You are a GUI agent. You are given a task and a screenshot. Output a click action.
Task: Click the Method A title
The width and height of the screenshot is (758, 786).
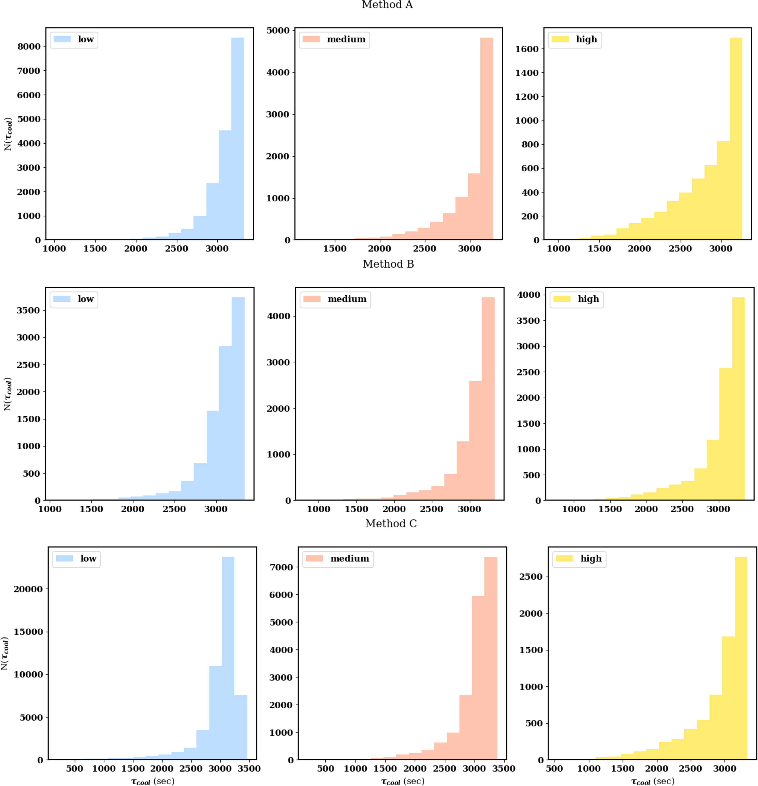(x=387, y=5)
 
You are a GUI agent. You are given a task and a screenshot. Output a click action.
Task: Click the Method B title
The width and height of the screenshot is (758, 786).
(x=388, y=264)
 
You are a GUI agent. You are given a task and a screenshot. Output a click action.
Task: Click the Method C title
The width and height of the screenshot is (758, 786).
(x=391, y=523)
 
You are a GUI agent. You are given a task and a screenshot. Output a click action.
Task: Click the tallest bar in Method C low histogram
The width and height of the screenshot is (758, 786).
(x=228, y=658)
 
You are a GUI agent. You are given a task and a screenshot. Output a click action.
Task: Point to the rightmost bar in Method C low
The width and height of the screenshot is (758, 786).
(x=241, y=728)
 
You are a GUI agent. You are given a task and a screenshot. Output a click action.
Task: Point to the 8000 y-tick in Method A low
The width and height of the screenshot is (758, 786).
(x=29, y=47)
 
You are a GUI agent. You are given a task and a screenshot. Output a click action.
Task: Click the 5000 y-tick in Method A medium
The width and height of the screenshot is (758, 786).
(x=278, y=31)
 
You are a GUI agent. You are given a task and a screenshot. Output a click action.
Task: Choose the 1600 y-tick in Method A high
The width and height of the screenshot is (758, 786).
(x=527, y=49)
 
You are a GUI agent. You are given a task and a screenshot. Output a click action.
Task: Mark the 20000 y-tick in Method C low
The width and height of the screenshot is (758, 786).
(x=28, y=589)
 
